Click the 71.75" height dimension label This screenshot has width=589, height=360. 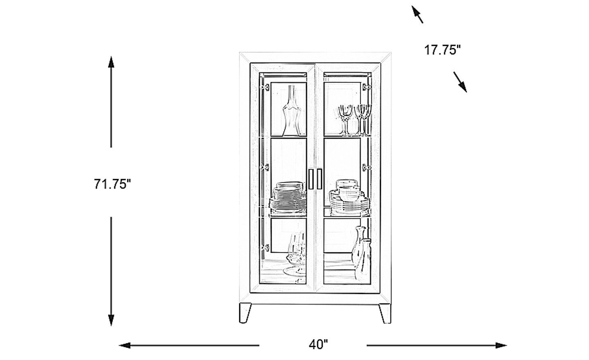click(112, 184)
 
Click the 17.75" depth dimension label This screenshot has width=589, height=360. click(443, 49)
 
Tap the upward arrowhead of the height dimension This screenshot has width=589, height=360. click(111, 62)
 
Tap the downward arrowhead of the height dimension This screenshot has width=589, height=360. click(111, 320)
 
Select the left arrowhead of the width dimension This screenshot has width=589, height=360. click(125, 345)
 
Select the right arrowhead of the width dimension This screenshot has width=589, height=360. click(501, 345)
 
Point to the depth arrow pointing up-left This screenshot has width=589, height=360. click(417, 14)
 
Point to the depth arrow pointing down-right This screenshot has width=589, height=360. click(460, 82)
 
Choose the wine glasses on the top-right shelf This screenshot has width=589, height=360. click(355, 120)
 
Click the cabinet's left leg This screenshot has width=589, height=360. click(245, 313)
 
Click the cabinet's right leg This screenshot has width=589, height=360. click(385, 313)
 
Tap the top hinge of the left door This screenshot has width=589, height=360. click(265, 87)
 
